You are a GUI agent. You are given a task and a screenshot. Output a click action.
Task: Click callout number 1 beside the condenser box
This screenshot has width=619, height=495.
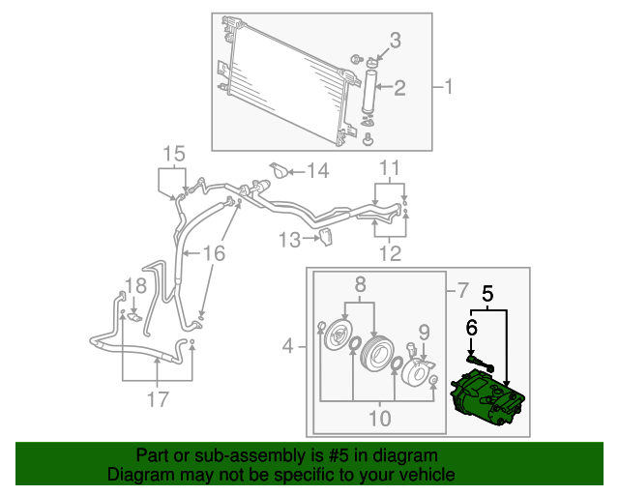(x=448, y=87)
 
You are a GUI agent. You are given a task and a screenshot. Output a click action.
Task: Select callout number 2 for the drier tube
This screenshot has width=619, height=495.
(x=398, y=87)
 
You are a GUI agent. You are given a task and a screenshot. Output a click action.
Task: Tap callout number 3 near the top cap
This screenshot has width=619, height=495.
(x=395, y=40)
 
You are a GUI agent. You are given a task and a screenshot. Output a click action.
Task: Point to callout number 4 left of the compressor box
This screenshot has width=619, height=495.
(x=288, y=346)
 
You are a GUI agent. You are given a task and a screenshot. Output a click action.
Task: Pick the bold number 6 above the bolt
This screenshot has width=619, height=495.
(x=471, y=329)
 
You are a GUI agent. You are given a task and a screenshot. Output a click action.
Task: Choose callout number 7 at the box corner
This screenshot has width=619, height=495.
(x=461, y=290)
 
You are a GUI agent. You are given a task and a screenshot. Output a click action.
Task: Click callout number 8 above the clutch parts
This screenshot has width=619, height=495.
(x=360, y=284)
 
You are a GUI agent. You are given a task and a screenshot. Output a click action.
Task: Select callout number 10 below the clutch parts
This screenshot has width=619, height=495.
(x=379, y=419)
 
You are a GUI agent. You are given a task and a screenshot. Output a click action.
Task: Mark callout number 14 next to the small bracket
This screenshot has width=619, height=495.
(x=317, y=171)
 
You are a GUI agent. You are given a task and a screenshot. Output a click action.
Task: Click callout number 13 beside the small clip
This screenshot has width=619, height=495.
(x=290, y=239)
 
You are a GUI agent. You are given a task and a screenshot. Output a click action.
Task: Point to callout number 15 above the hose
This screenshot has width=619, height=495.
(x=172, y=153)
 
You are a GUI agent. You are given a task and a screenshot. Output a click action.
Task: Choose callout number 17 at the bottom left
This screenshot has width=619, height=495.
(x=157, y=398)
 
